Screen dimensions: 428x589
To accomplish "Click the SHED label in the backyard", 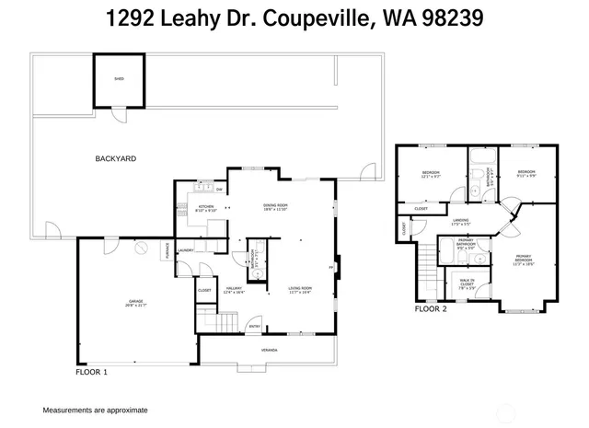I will (x=118, y=80).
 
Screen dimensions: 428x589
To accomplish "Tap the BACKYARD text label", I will (x=116, y=158).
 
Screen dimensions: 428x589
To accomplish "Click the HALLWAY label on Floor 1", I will (x=233, y=291).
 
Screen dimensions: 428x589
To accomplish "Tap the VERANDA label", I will (x=268, y=350).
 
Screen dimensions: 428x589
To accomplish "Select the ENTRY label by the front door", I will (x=254, y=326).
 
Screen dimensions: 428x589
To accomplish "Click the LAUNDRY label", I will (x=186, y=249).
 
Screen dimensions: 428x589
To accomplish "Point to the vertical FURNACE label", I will (x=167, y=249).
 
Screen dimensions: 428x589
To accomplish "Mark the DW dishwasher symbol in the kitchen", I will (x=219, y=190).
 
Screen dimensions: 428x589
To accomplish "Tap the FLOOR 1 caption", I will (x=91, y=373).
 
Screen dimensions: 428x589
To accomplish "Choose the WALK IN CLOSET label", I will (x=467, y=284).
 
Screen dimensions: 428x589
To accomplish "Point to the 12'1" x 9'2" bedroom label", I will (x=431, y=175).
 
